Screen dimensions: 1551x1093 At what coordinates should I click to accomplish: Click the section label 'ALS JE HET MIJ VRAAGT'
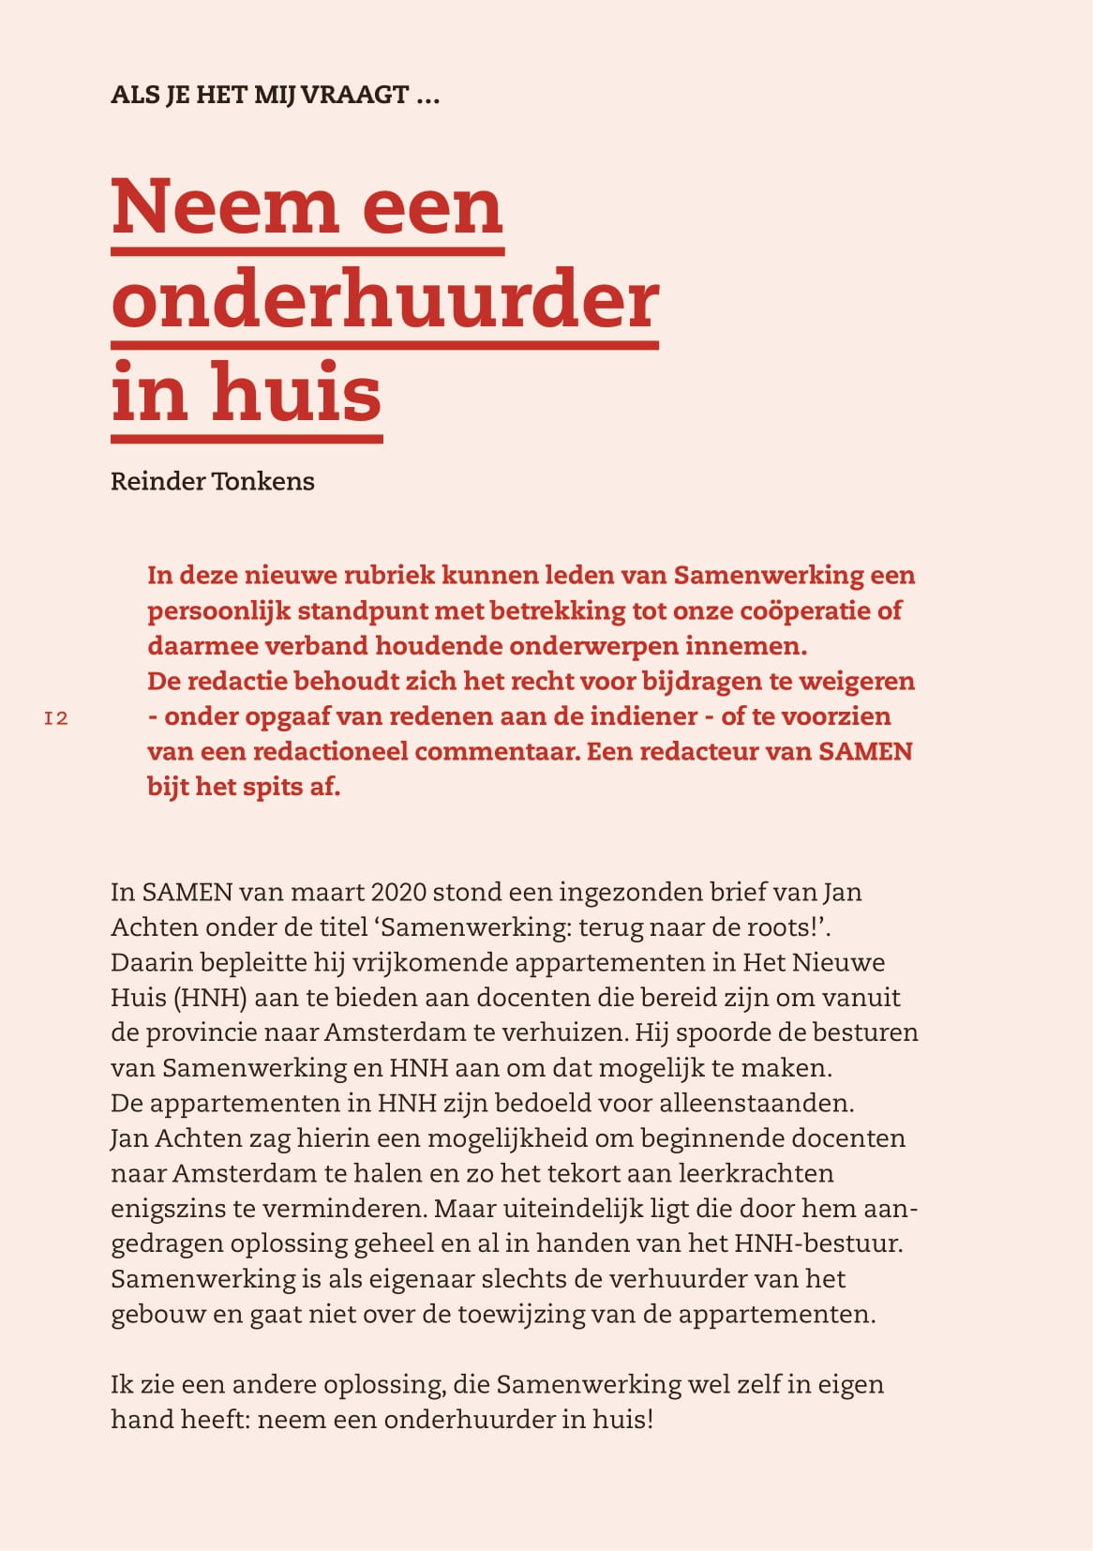point(275,95)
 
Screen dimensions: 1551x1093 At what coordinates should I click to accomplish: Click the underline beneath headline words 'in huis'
point(247,438)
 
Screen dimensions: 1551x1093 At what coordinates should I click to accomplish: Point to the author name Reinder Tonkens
point(213,481)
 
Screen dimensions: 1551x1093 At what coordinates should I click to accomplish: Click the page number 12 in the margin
point(56,718)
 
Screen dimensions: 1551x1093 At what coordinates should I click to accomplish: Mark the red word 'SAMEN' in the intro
point(864,751)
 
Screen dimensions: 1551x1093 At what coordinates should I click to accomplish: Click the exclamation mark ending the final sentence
point(648,1419)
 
